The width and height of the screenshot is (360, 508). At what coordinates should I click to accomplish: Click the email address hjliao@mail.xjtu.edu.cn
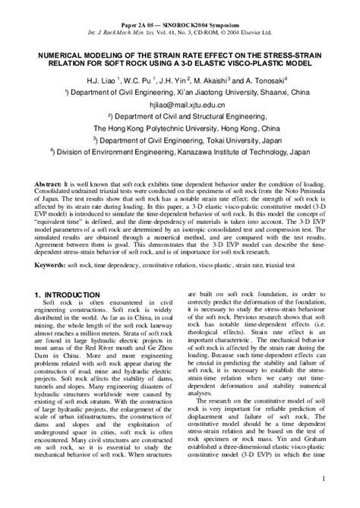point(180,108)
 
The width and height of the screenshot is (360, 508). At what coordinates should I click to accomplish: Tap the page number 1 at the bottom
point(324,478)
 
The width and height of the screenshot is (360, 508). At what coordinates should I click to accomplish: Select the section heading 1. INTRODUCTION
point(68,294)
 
